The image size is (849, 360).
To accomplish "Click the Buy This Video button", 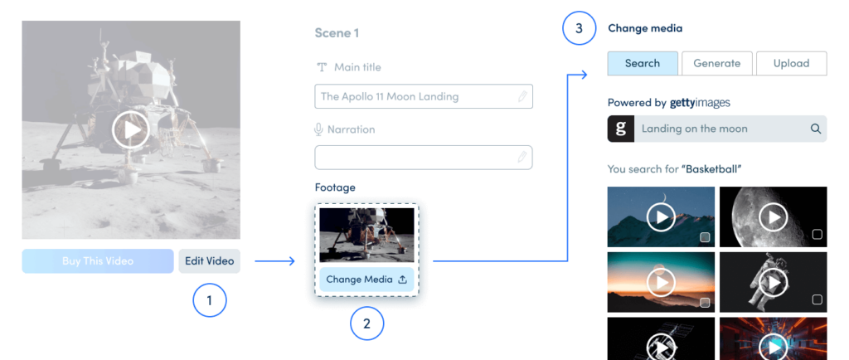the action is click(98, 261).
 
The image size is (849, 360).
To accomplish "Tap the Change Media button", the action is click(366, 280).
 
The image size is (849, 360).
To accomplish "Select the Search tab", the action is click(643, 63).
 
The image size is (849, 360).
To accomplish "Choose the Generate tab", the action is click(717, 63).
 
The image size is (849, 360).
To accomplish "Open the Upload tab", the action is click(791, 63).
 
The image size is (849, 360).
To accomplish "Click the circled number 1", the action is click(210, 300).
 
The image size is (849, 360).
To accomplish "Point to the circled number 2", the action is click(367, 324).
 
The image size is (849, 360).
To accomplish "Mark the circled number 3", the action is click(579, 28).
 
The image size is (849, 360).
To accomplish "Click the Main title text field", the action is click(424, 96).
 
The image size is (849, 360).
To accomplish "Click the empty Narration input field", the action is click(424, 157).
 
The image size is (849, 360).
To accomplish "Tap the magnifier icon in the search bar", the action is click(816, 129).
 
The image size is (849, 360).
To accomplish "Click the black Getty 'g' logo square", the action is click(620, 129).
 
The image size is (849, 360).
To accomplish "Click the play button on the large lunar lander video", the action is click(131, 130).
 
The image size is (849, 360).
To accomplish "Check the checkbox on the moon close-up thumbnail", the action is click(817, 235).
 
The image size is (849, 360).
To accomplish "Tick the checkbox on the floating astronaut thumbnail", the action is click(817, 299).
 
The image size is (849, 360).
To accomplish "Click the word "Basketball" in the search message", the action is click(711, 169).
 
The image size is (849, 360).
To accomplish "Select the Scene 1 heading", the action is click(337, 33).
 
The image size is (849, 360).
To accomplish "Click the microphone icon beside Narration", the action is click(319, 129).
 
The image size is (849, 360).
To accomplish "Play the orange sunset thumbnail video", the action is click(661, 282).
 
